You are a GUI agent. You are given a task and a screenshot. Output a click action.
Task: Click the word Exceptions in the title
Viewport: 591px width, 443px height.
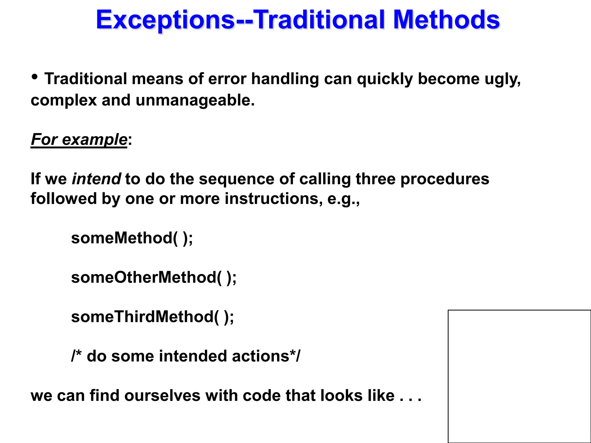click(x=165, y=20)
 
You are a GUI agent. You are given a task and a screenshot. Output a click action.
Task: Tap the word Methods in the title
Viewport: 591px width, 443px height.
click(x=446, y=20)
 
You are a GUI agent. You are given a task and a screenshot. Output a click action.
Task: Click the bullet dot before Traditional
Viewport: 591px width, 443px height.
click(x=35, y=77)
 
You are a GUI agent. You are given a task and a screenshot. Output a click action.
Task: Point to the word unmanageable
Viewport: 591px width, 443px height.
click(x=195, y=100)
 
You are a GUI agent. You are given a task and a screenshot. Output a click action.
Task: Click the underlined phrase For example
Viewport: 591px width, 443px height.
click(x=79, y=140)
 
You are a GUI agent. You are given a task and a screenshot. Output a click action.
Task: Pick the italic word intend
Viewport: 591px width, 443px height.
click(x=96, y=179)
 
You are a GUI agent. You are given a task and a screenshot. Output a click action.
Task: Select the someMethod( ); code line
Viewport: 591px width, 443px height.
click(x=132, y=238)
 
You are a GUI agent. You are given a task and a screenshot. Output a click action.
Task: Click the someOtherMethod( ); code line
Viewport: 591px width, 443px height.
click(x=154, y=277)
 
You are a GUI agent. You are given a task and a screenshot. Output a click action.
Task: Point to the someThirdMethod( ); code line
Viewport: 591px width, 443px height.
click(x=152, y=317)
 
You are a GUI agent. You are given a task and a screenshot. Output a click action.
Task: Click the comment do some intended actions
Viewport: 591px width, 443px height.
click(x=186, y=356)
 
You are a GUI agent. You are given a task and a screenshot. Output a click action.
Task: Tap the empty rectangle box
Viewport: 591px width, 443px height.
click(x=519, y=376)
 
